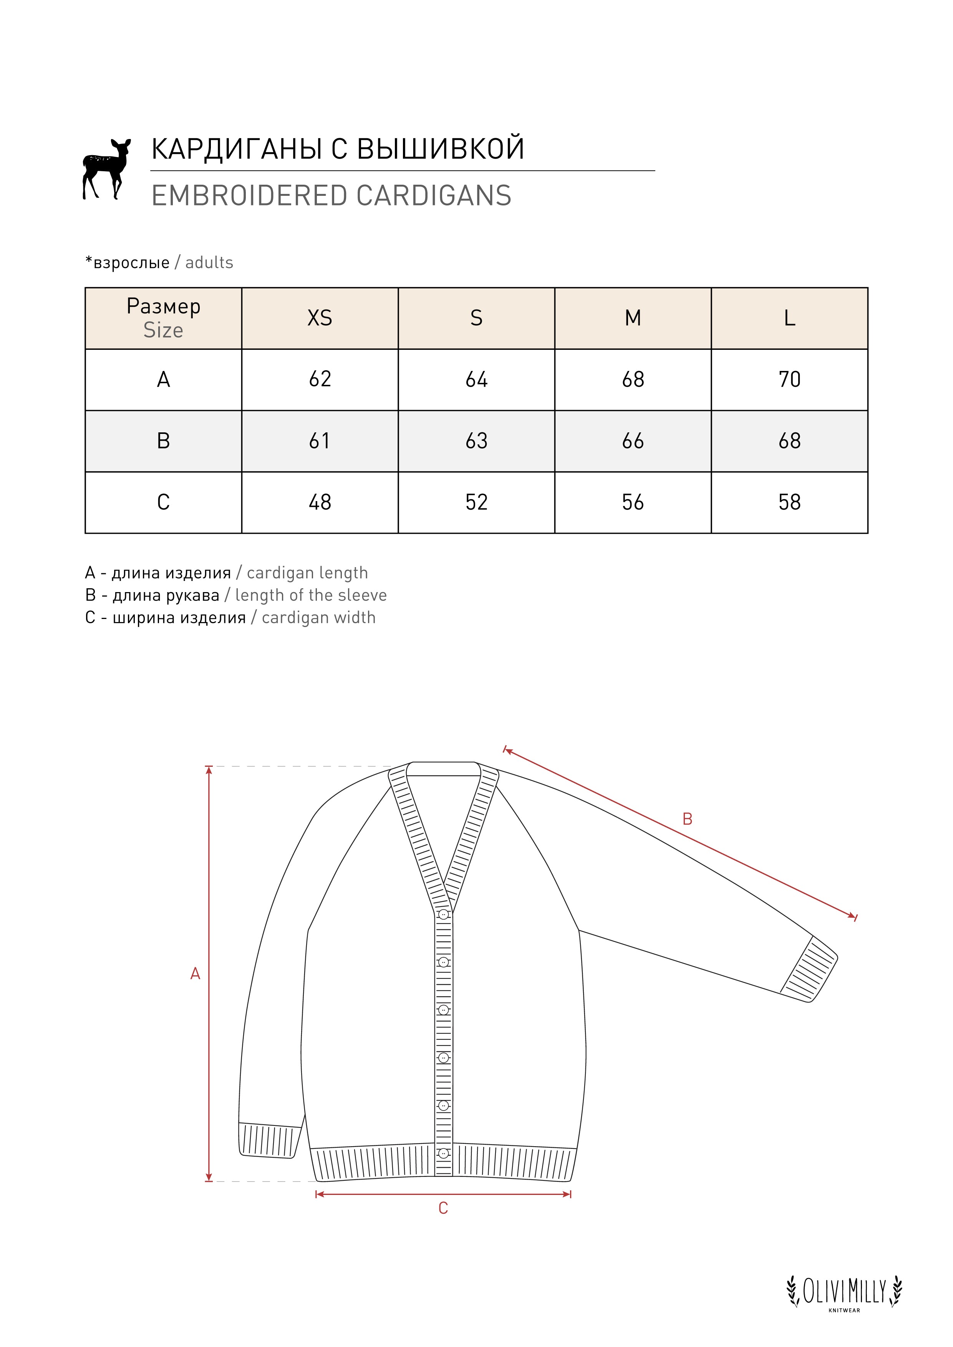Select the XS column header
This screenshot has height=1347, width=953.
320,318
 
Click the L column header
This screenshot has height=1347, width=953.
789,318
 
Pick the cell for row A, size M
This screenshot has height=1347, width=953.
633,380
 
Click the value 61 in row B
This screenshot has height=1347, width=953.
320,440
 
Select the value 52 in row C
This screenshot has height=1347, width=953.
476,502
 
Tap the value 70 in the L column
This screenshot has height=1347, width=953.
789,380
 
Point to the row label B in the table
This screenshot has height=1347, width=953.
163,440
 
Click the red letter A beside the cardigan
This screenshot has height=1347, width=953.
196,974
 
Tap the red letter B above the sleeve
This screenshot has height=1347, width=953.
687,819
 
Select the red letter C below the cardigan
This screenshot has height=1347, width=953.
443,1208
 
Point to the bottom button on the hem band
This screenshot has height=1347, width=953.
444,1153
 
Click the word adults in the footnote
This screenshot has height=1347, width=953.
209,263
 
